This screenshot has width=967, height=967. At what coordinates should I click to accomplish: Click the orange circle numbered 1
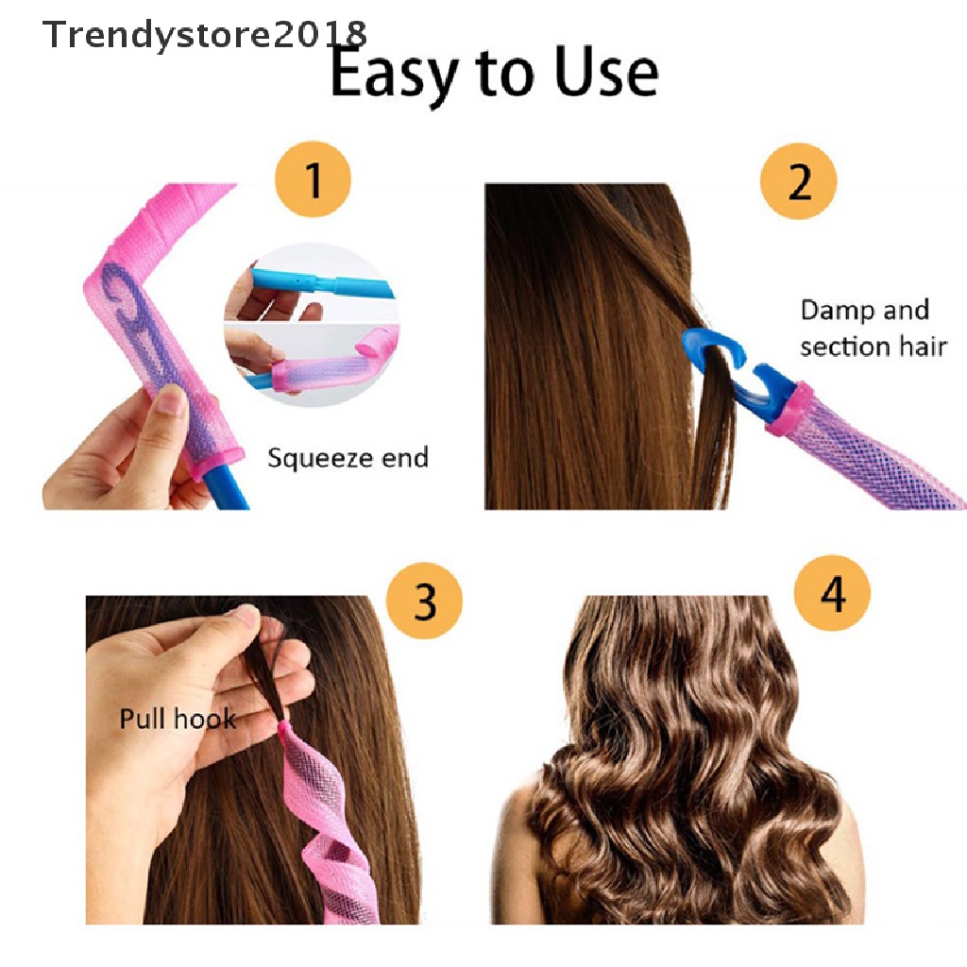point(313,179)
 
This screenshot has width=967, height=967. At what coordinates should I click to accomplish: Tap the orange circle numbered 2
point(799,179)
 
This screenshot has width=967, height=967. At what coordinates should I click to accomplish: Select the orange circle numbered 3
point(425,600)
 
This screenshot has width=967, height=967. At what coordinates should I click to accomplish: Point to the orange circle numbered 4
point(832,596)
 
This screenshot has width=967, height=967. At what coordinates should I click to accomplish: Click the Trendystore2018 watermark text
point(204,35)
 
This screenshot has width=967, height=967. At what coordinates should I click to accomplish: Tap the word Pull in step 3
point(140,719)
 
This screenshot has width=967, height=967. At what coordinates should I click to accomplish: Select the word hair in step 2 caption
point(923,347)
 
